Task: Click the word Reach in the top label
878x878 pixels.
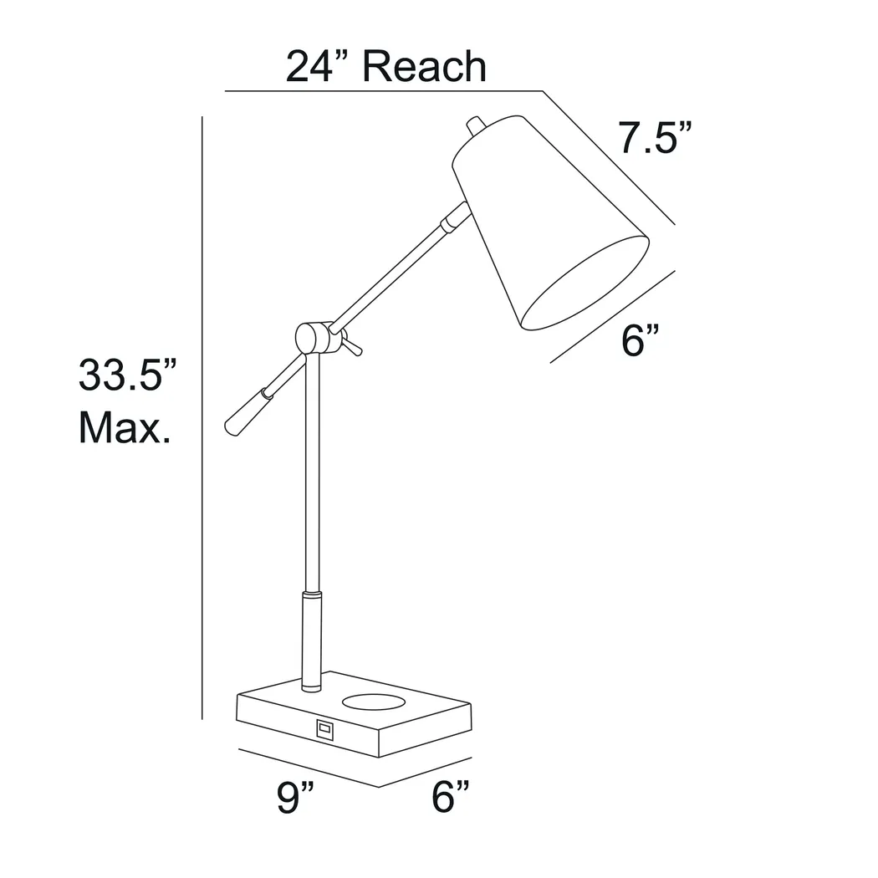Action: click(426, 67)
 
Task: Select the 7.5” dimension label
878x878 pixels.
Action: click(655, 138)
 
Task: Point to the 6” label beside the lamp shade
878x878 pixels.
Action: click(641, 341)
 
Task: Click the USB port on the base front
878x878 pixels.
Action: click(324, 729)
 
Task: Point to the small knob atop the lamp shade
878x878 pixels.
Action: click(475, 126)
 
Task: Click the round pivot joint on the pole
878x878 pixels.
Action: click(312, 337)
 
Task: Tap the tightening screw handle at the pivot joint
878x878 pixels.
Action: click(351, 345)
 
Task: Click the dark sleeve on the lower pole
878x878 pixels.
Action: click(311, 640)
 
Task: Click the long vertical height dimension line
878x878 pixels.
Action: click(202, 418)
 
